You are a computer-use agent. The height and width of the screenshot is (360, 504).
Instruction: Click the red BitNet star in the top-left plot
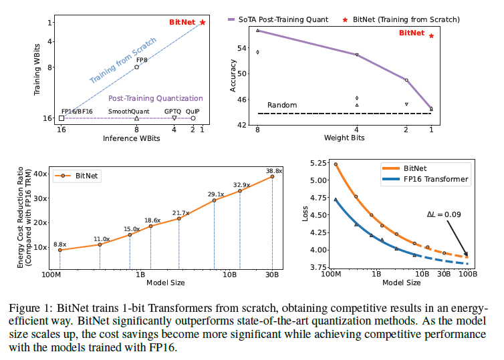click(203, 22)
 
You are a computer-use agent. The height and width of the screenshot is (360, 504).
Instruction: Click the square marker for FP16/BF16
click(61, 118)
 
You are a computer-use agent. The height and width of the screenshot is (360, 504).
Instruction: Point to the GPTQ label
click(173, 112)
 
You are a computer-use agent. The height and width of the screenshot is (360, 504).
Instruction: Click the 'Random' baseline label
click(281, 106)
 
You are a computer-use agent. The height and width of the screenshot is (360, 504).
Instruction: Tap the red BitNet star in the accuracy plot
click(431, 36)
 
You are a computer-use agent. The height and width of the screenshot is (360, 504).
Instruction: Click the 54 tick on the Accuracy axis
click(242, 49)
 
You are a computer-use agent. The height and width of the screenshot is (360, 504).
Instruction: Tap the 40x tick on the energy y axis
click(41, 174)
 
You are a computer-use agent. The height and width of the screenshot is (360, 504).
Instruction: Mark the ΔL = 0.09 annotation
click(443, 215)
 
